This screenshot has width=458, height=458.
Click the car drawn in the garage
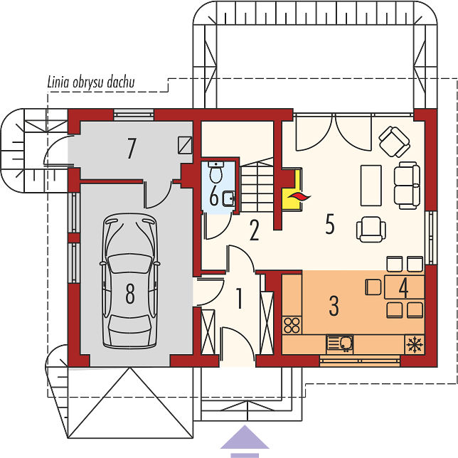pyautogui.click(x=129, y=281)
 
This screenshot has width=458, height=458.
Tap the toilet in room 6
pyautogui.click(x=216, y=172)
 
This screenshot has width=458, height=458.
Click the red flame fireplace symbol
pyautogui.click(x=299, y=197)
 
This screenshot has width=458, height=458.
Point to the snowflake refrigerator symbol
pyautogui.click(x=415, y=344)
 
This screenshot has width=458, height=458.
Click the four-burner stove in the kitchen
pyautogui.click(x=292, y=325)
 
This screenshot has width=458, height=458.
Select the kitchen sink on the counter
pyautogui.click(x=340, y=343)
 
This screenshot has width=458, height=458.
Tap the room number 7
pyautogui.click(x=132, y=148)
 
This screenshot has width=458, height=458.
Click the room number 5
pyautogui.click(x=330, y=224)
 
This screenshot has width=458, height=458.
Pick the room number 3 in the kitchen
pyautogui.click(x=334, y=306)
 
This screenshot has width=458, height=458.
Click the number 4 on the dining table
pyautogui.click(x=403, y=287)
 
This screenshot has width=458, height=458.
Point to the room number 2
pyautogui.click(x=254, y=230)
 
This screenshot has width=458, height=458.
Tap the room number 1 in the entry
pyautogui.click(x=239, y=298)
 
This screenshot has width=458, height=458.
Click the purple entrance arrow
pyautogui.click(x=245, y=441)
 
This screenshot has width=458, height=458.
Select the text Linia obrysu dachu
pyautogui.click(x=91, y=82)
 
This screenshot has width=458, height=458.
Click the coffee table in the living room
pyautogui.click(x=371, y=186)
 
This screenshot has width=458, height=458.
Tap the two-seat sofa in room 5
pyautogui.click(x=407, y=186)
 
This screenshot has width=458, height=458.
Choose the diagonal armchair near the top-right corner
pyautogui.click(x=394, y=142)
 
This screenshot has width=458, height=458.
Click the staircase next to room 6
pyautogui.click(x=257, y=187)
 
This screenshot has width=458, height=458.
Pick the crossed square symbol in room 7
pyautogui.click(x=185, y=145)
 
